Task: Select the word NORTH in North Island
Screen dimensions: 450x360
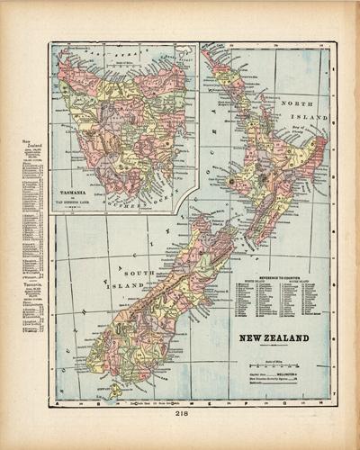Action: pyautogui.click(x=291, y=104)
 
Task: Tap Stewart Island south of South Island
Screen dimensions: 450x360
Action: pyautogui.click(x=114, y=390)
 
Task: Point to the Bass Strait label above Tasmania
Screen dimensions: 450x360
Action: pyautogui.click(x=117, y=56)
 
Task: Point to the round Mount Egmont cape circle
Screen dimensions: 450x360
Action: pyautogui.click(x=230, y=182)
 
